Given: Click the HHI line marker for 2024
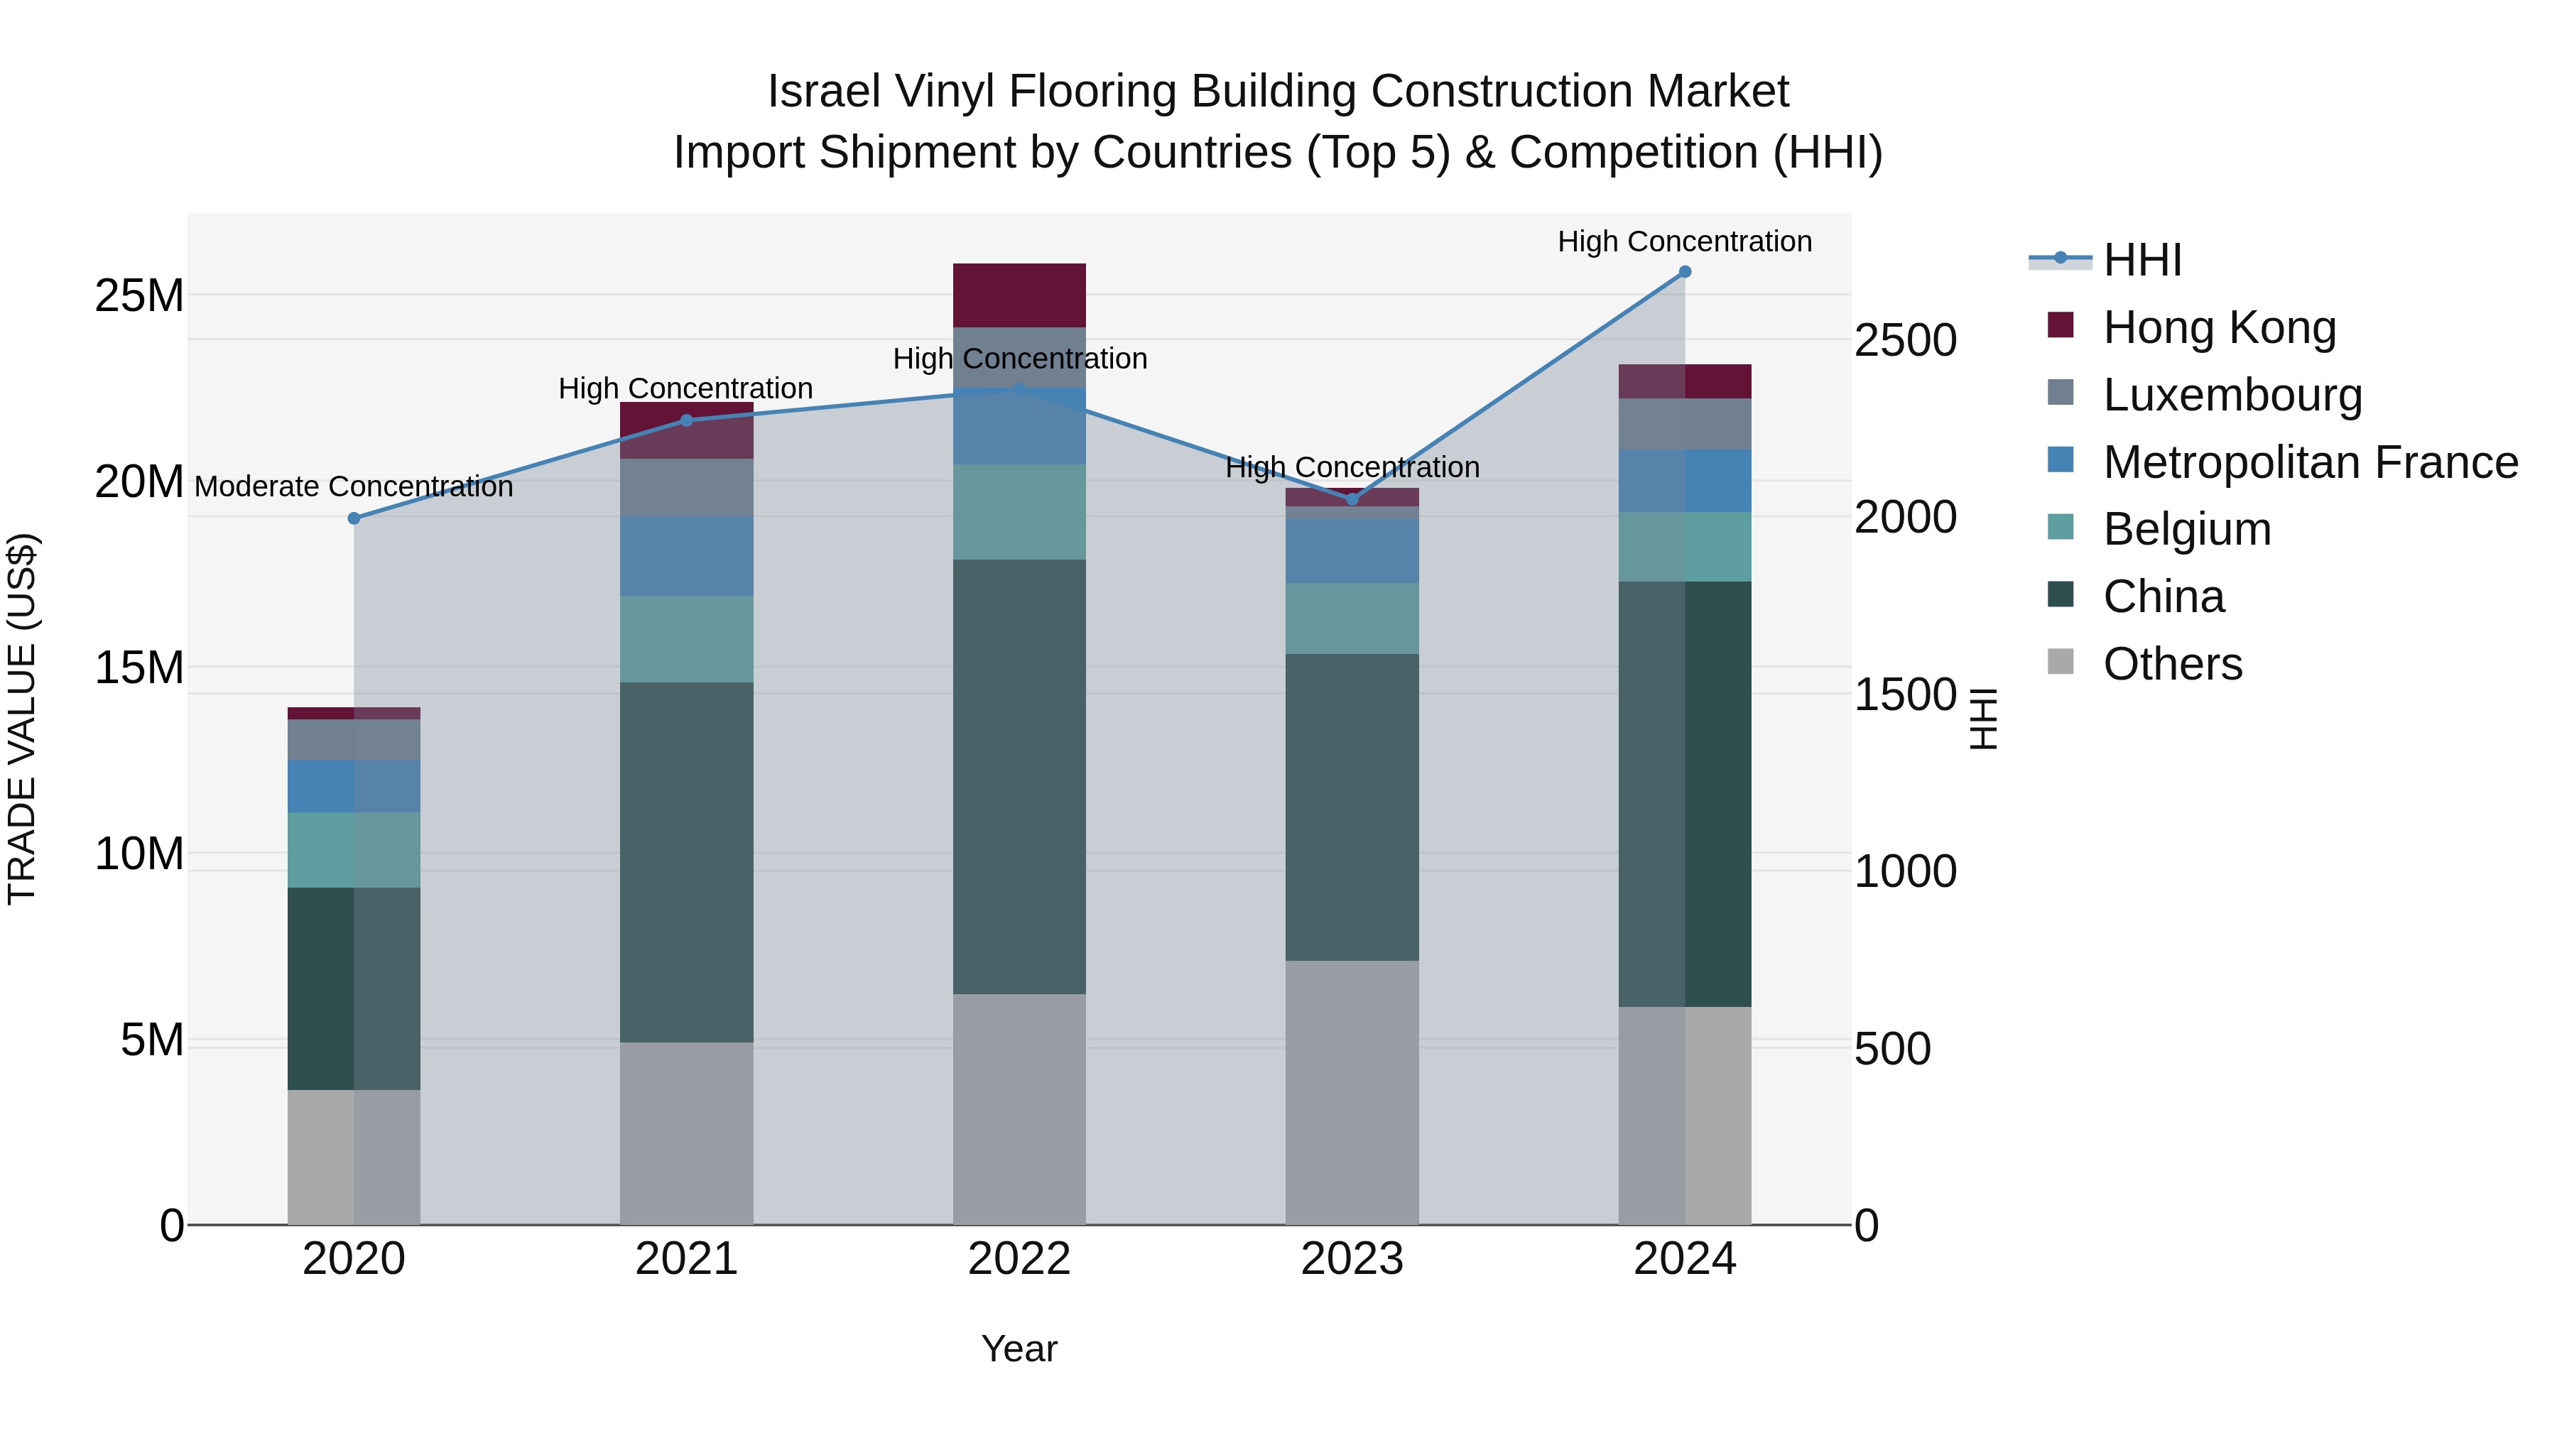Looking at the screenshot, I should point(1685,272).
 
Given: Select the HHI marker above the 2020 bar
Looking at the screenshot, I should point(354,518).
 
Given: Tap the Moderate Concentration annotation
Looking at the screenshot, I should point(354,486).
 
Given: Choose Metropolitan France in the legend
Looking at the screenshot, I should point(2310,462).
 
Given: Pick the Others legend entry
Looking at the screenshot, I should point(2172,664).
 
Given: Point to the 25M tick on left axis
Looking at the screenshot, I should point(139,295).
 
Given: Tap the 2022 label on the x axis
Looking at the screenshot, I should point(1019,1259).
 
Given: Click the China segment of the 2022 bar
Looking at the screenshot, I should point(1019,776).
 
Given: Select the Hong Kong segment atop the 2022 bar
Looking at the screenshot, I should point(1019,295).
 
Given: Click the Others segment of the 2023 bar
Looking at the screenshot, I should point(1351,1091).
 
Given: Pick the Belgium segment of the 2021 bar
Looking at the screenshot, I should point(686,638).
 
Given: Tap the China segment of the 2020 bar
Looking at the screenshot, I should point(354,988).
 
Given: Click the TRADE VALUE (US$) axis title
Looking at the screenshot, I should point(22,719).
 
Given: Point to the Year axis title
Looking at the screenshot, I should point(1019,1349).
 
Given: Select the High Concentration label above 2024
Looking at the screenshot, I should point(1685,241).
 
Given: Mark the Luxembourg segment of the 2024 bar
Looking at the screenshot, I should point(1685,424).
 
